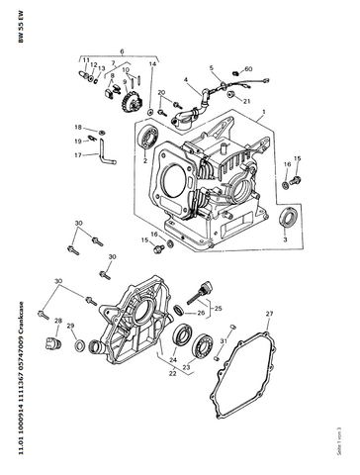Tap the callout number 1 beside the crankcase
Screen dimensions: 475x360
pos(263,116)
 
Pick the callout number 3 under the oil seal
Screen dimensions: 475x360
pos(286,239)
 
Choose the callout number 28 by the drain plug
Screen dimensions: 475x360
pos(59,321)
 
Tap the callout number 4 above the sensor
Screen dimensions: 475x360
pos(185,79)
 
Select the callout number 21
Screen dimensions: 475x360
pos(246,101)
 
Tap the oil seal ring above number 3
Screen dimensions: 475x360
pos(288,219)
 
